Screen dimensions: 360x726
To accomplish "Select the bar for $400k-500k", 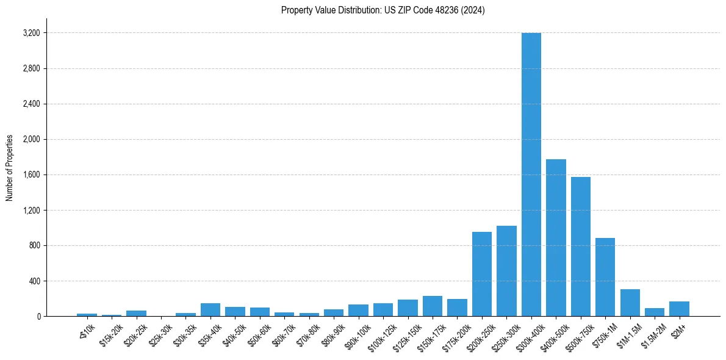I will tap(556, 238).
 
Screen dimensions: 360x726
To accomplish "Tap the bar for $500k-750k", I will tap(581, 247).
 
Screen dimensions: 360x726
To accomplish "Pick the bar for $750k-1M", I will tap(605, 277).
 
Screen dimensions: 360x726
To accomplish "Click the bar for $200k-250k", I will tap(482, 274).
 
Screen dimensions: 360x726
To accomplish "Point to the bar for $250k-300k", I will tap(506, 271).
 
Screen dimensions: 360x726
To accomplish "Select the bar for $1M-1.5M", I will tap(630, 303).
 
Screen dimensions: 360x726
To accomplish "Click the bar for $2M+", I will tap(679, 309).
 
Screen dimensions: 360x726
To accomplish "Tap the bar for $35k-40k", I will tap(210, 310).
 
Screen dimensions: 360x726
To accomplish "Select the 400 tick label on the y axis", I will tap(34, 281).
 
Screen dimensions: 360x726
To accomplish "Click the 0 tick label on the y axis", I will tap(38, 317).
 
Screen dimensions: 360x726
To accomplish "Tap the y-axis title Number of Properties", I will tap(10, 168).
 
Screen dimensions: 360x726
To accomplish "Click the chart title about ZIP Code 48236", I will tap(383, 10).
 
